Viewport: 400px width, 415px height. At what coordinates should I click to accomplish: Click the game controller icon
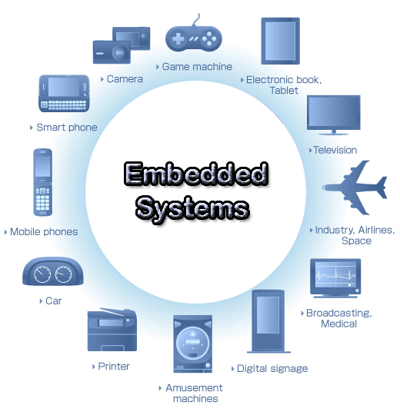pyautogui.click(x=194, y=38)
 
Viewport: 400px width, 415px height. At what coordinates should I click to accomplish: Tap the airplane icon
pyautogui.click(x=355, y=188)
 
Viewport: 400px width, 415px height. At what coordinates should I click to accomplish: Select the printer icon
pyautogui.click(x=112, y=330)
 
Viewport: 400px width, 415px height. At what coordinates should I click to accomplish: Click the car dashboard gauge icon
pyautogui.click(x=53, y=271)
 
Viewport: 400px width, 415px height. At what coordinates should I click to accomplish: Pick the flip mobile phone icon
pyautogui.click(x=42, y=182)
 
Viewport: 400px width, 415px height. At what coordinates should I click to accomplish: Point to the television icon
pyautogui.click(x=334, y=115)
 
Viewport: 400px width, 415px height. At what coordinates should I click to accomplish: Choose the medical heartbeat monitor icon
pyautogui.click(x=335, y=278)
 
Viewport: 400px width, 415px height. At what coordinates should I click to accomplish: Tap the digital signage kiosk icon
pyautogui.click(x=268, y=321)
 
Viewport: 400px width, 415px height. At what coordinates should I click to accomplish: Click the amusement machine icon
pyautogui.click(x=192, y=344)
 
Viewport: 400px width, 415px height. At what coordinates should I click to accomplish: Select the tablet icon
pyautogui.click(x=280, y=41)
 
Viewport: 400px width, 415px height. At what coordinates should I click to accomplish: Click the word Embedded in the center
pyautogui.click(x=196, y=174)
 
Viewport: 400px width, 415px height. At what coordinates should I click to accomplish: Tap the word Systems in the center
pyautogui.click(x=192, y=209)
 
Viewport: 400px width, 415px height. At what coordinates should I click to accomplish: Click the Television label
pyautogui.click(x=335, y=150)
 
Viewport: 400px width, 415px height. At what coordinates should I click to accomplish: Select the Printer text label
pyautogui.click(x=114, y=367)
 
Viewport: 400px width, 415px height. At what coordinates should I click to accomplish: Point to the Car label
pyautogui.click(x=54, y=301)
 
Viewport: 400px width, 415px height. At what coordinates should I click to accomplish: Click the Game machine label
pyautogui.click(x=197, y=67)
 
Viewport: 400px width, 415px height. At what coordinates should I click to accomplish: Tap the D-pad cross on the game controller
pyautogui.click(x=178, y=39)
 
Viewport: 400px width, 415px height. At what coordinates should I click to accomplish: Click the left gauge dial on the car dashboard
pyautogui.click(x=42, y=274)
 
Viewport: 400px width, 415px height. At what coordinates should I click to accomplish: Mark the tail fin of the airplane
pyautogui.click(x=382, y=188)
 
